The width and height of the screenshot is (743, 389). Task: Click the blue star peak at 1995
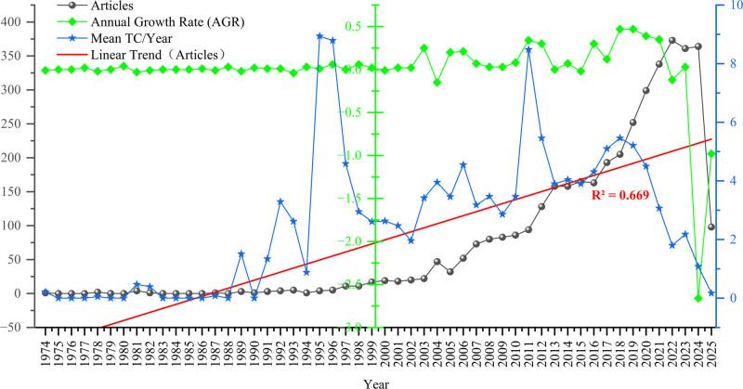(319, 36)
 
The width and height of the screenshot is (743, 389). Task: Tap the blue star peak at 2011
(528, 49)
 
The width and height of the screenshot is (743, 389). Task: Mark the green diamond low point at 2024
(697, 298)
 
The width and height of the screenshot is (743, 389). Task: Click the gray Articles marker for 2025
(710, 227)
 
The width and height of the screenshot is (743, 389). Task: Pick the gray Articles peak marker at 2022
(671, 41)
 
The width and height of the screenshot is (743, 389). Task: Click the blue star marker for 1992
(280, 201)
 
